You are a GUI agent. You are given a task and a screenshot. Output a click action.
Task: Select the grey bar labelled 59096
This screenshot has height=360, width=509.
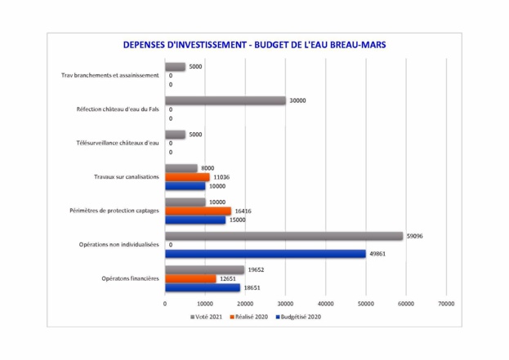[284, 236]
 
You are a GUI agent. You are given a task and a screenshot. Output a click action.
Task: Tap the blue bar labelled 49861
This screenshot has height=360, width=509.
[265, 253]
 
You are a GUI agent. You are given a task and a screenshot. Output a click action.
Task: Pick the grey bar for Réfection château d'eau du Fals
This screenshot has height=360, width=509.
[225, 100]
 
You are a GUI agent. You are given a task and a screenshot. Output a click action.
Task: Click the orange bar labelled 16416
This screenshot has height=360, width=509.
[198, 211]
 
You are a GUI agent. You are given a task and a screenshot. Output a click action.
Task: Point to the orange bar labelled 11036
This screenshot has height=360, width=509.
[187, 176]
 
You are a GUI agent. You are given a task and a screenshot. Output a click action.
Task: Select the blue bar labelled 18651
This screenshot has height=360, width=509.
[202, 287]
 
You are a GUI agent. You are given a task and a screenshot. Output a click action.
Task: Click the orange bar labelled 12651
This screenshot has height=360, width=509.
[190, 278]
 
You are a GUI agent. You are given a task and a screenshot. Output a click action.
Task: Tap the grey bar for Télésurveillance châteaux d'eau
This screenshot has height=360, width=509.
[175, 135]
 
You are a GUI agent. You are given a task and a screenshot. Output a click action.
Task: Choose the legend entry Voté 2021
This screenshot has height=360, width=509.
[208, 317]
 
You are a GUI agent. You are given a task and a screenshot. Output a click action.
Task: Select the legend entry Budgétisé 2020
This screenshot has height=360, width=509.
[299, 317]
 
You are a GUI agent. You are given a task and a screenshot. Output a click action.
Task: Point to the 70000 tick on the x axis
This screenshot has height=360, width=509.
[445, 303]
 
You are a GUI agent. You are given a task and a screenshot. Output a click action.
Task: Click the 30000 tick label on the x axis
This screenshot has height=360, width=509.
[285, 303]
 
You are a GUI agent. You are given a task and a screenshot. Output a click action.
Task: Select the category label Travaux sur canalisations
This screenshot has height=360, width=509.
[125, 176]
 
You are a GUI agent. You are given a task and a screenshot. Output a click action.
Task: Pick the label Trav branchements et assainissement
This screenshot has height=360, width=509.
[110, 75]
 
